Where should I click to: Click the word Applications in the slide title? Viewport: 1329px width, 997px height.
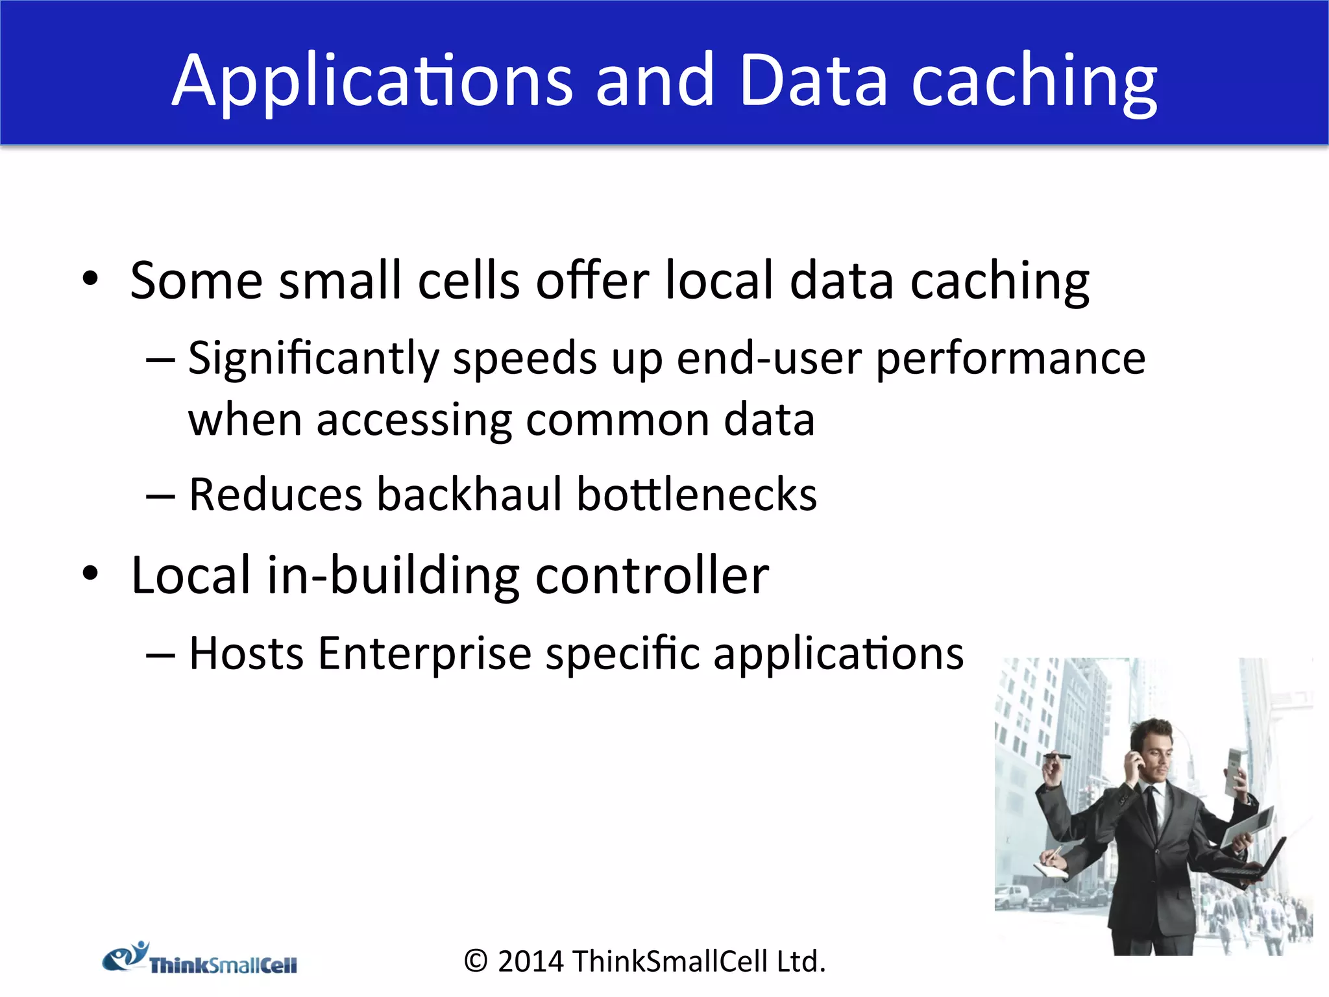[372, 81]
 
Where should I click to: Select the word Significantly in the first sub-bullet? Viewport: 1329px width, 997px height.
[313, 358]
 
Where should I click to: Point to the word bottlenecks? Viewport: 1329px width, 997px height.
[696, 495]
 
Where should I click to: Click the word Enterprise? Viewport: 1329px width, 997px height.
[425, 653]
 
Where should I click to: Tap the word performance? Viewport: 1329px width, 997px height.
[1010, 358]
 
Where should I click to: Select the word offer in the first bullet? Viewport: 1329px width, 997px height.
[592, 280]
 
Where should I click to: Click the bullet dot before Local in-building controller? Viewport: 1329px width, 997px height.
[90, 574]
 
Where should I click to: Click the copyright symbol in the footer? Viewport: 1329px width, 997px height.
[476, 961]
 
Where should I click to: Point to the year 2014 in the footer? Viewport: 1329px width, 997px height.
[530, 961]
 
